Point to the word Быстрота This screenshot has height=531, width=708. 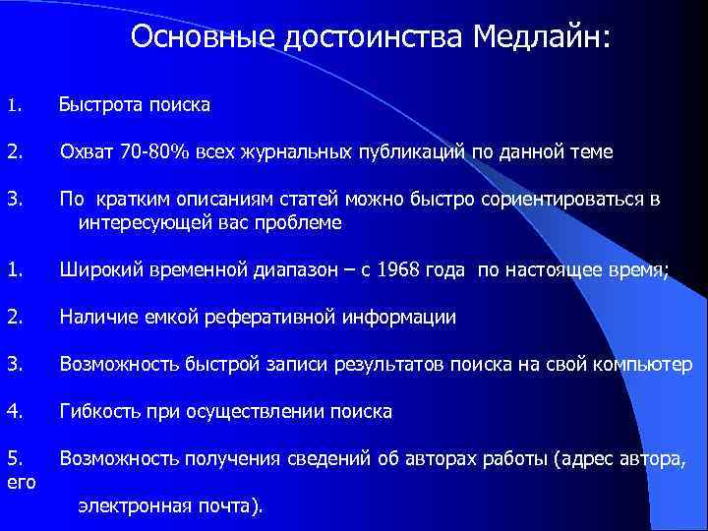(x=99, y=104)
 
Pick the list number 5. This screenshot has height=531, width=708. (x=12, y=458)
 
